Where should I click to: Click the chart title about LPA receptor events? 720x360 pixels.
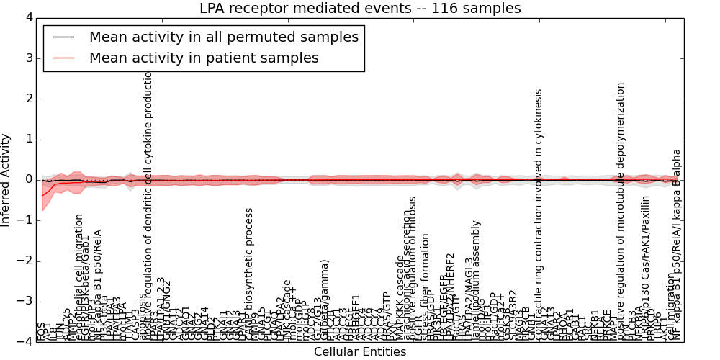coord(360,9)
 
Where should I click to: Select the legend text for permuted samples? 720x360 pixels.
coord(224,37)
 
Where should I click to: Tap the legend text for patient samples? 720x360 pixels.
coord(204,58)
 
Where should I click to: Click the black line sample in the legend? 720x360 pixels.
coord(63,37)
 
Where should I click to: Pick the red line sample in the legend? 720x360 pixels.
coord(63,58)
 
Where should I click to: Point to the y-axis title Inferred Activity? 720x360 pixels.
coord(6,180)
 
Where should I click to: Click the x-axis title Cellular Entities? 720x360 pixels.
coord(360,352)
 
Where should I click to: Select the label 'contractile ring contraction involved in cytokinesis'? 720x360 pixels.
coord(539,215)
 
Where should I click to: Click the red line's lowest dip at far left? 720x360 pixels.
coord(42,195)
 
